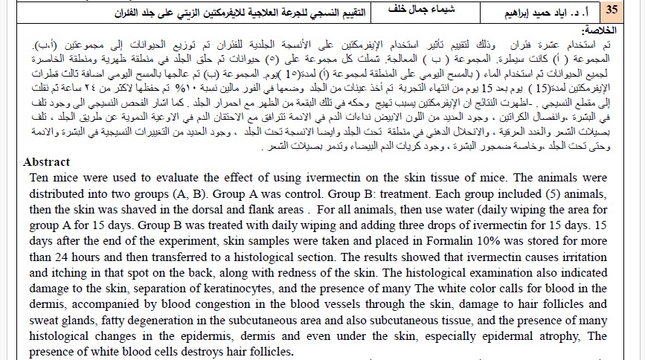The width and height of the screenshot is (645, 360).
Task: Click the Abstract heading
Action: point(46,162)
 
